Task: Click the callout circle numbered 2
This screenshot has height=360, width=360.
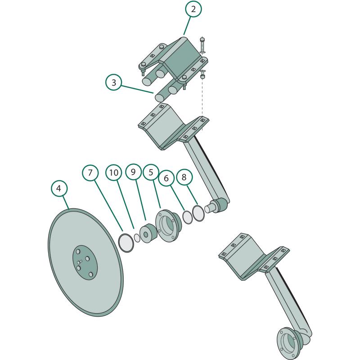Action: (193, 9)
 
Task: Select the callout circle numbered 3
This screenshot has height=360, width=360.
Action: (114, 82)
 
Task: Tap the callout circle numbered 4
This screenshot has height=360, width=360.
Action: (59, 188)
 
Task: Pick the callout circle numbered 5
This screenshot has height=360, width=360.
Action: (151, 172)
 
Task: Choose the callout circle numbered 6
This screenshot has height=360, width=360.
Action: (166, 178)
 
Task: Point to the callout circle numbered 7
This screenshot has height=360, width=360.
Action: (90, 172)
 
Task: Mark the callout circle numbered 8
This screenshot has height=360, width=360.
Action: (184, 177)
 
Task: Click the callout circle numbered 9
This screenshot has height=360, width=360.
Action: (133, 172)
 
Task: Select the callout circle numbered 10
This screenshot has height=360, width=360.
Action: (114, 172)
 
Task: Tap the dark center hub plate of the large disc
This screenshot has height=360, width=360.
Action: (85, 262)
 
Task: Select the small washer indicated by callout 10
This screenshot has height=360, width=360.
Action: (137, 238)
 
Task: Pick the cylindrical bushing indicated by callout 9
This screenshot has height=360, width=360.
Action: (148, 233)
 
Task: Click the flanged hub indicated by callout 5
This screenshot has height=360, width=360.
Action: (168, 225)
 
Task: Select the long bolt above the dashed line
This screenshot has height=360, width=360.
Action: (202, 45)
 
